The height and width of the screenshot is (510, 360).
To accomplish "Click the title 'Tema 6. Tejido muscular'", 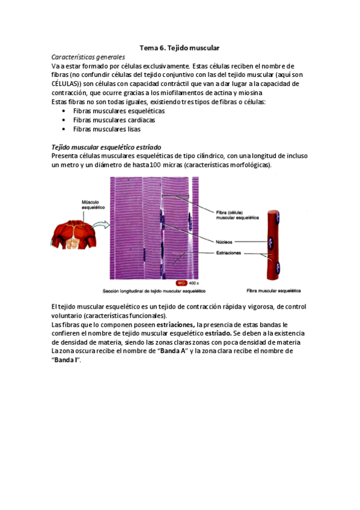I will (x=180, y=47).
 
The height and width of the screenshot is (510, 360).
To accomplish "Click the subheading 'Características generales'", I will (x=88, y=57).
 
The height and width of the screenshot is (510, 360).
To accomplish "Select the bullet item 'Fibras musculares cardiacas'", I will (x=111, y=120).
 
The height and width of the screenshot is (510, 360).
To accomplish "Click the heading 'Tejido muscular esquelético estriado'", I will (x=106, y=147).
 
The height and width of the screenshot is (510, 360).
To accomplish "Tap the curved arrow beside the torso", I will (x=100, y=226).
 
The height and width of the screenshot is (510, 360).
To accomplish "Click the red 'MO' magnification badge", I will (x=181, y=283).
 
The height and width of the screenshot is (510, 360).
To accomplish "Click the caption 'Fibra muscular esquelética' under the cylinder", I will (x=274, y=290).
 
